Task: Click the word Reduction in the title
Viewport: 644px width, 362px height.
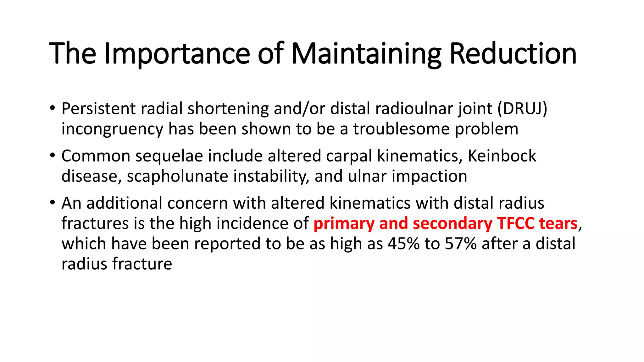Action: coord(513,54)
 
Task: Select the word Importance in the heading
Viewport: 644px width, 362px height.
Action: coord(177,54)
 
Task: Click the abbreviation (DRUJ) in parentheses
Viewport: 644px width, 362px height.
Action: coord(522,109)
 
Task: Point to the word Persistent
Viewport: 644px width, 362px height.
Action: coord(98,109)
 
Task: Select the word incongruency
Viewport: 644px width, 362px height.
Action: coord(112,129)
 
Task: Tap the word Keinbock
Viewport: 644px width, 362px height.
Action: coord(502,156)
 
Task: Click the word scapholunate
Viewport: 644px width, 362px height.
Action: coord(177,176)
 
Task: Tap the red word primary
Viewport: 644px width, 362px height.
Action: coord(344,223)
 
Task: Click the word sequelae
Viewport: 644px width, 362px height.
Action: coord(169,156)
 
